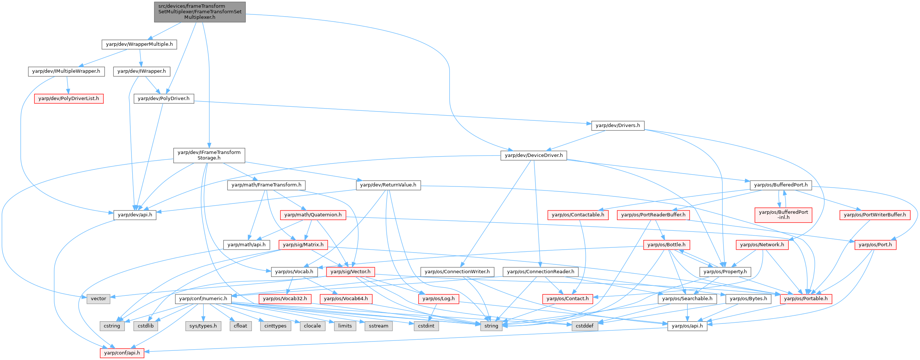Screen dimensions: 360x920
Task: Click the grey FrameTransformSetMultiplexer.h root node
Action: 200,12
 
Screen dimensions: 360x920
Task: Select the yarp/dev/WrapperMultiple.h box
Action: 139,44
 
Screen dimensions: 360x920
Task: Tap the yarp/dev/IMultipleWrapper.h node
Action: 66,71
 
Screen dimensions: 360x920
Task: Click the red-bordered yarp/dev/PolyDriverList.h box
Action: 69,99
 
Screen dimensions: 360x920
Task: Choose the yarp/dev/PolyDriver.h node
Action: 164,99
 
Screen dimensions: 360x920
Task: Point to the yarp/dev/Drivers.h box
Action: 618,126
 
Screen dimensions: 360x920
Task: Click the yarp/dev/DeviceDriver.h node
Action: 534,155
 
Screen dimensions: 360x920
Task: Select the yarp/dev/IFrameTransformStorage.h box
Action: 209,155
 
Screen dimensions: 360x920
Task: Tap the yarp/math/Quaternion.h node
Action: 313,215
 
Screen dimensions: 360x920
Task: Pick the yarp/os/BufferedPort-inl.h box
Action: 783,215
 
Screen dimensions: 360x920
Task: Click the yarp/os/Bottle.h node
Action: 666,245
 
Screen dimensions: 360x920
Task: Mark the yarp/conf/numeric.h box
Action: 203,299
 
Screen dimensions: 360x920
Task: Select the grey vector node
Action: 99,299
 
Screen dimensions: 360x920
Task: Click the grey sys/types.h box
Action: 203,326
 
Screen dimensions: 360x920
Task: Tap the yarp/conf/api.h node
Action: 122,353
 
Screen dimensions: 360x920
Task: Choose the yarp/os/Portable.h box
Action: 806,299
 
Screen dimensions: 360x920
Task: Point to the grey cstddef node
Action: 584,326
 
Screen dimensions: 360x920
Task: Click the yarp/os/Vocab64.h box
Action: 346,299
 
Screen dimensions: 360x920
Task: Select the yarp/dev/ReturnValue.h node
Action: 388,185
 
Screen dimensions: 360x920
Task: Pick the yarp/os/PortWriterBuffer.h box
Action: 875,215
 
